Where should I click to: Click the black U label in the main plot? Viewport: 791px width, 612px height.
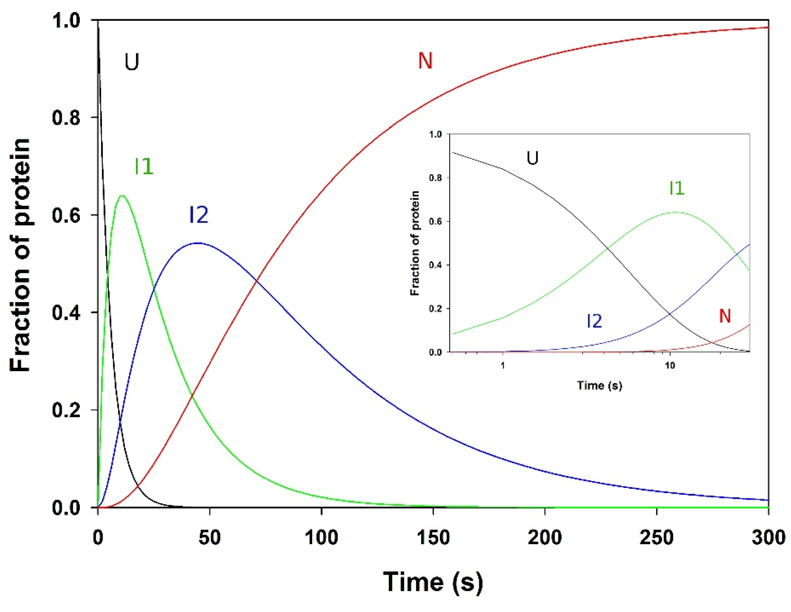132,62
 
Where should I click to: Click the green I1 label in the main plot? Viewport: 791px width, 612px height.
144,166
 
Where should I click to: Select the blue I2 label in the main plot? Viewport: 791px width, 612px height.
199,215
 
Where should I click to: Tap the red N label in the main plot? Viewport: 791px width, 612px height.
425,61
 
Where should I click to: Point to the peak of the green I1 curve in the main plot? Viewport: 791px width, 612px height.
122,196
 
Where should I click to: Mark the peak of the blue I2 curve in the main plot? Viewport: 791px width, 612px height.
198,243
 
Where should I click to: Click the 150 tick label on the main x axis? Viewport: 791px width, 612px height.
433,537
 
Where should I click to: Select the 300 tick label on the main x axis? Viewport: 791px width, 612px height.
768,537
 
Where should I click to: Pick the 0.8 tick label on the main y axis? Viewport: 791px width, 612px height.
66,118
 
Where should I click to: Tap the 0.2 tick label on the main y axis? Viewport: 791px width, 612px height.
66,410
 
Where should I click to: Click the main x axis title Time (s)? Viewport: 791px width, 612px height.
433,582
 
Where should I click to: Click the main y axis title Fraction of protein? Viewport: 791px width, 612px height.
20,255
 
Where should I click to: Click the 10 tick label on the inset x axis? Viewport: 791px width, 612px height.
669,366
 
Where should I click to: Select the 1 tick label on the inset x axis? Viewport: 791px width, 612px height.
502,366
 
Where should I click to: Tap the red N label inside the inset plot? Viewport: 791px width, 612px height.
725,316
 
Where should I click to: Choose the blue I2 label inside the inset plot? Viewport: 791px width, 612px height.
594,321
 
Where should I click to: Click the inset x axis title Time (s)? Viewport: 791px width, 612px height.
600,386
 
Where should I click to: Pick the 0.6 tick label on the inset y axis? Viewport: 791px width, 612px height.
435,222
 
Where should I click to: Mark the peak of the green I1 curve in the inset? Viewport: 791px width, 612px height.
676,212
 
